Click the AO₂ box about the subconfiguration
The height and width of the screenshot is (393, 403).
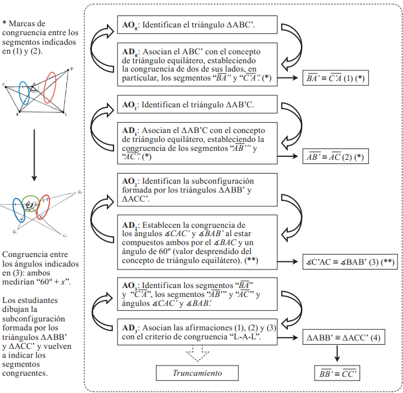198,189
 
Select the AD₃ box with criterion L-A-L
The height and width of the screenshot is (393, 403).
198,332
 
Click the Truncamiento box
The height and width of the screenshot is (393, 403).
198,373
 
